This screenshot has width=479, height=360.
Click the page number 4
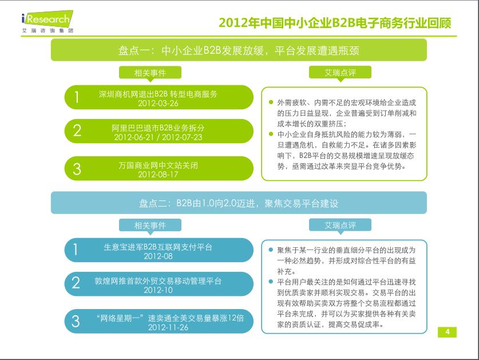[x=447, y=333]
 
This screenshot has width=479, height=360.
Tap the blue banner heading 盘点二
[x=239, y=203]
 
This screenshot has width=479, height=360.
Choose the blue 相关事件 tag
[x=150, y=225]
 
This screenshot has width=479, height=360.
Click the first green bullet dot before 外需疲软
[x=271, y=102]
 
